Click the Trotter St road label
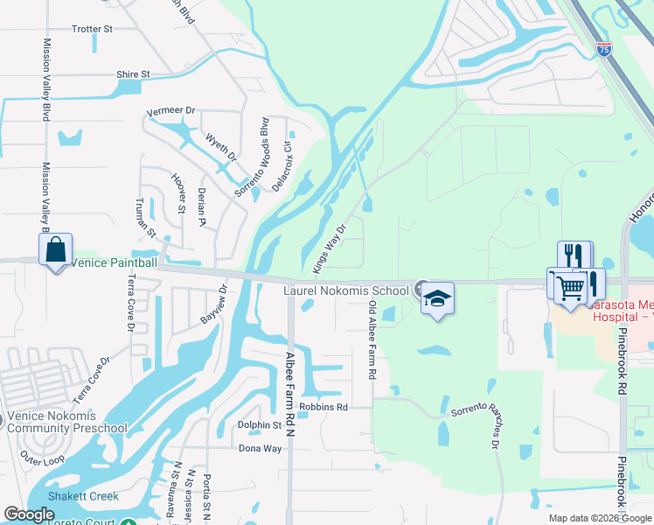92,29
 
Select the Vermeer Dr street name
170,111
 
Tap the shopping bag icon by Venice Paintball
56,249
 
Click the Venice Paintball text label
114,262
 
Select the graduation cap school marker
437,299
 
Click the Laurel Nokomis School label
345,290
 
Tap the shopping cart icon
570,287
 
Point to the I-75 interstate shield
604,49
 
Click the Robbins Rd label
324,407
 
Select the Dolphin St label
260,425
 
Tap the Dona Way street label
261,448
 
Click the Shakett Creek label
83,496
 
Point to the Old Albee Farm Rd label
372,339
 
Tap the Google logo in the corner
29,514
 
